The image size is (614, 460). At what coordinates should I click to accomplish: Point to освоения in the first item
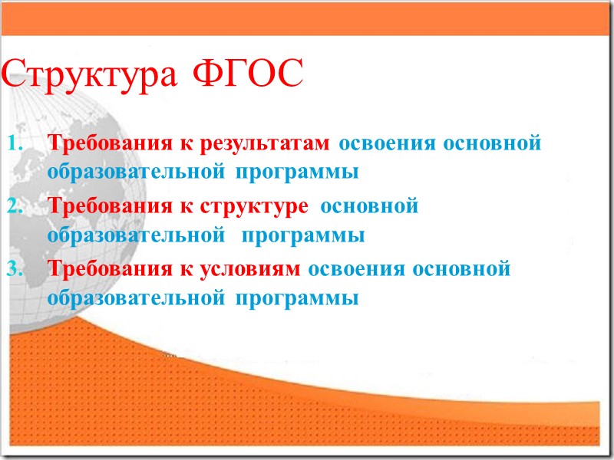tap(383, 143)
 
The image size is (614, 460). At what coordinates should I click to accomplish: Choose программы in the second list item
tap(304, 235)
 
